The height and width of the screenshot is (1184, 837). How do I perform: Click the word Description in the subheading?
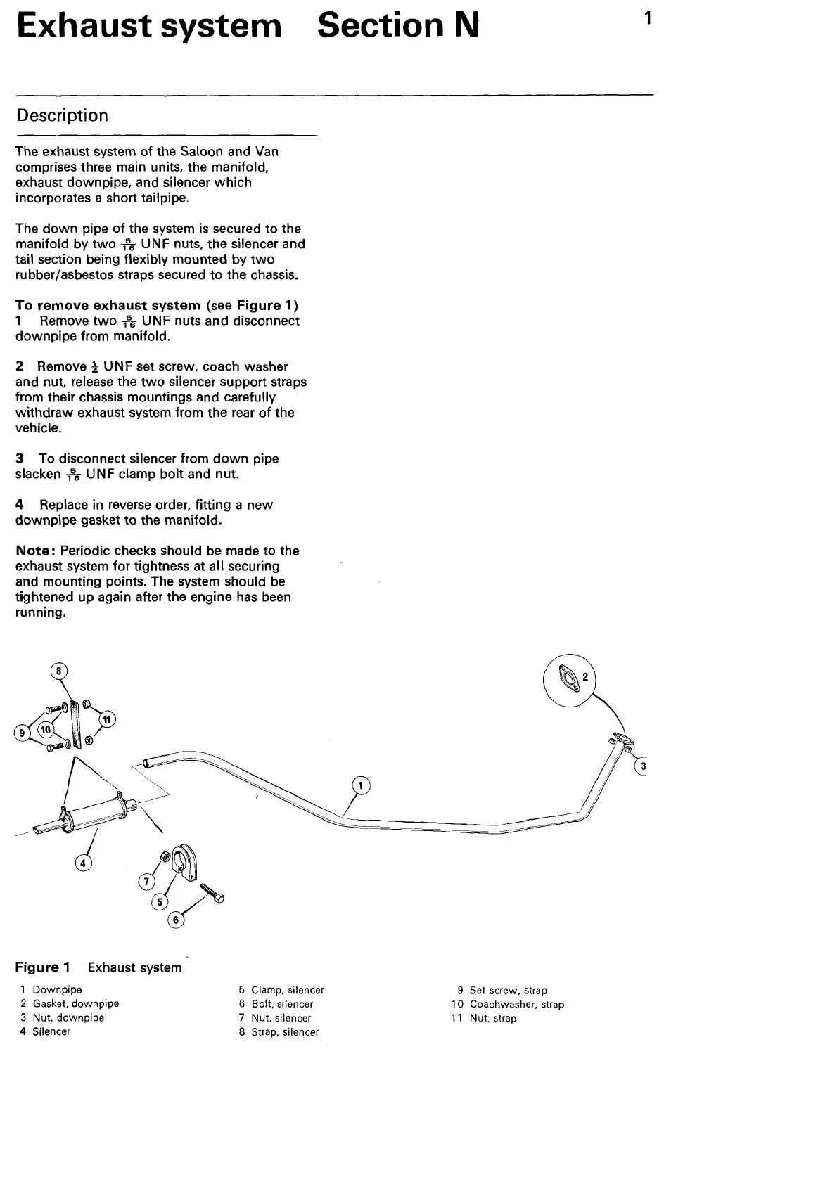pyautogui.click(x=62, y=115)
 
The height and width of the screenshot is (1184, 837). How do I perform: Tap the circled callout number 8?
pyautogui.click(x=60, y=671)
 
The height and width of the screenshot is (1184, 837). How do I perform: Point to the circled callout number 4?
pyautogui.click(x=84, y=863)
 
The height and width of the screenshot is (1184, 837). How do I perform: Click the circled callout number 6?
pyautogui.click(x=176, y=920)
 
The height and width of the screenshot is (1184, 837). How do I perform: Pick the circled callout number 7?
pyautogui.click(x=146, y=881)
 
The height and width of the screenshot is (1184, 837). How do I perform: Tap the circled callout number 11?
pyautogui.click(x=106, y=719)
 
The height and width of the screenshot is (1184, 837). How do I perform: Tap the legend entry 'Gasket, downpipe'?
pyautogui.click(x=75, y=1004)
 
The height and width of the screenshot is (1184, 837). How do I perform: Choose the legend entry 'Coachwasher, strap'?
pyautogui.click(x=516, y=1005)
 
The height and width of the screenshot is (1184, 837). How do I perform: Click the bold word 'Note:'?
pyautogui.click(x=36, y=551)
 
